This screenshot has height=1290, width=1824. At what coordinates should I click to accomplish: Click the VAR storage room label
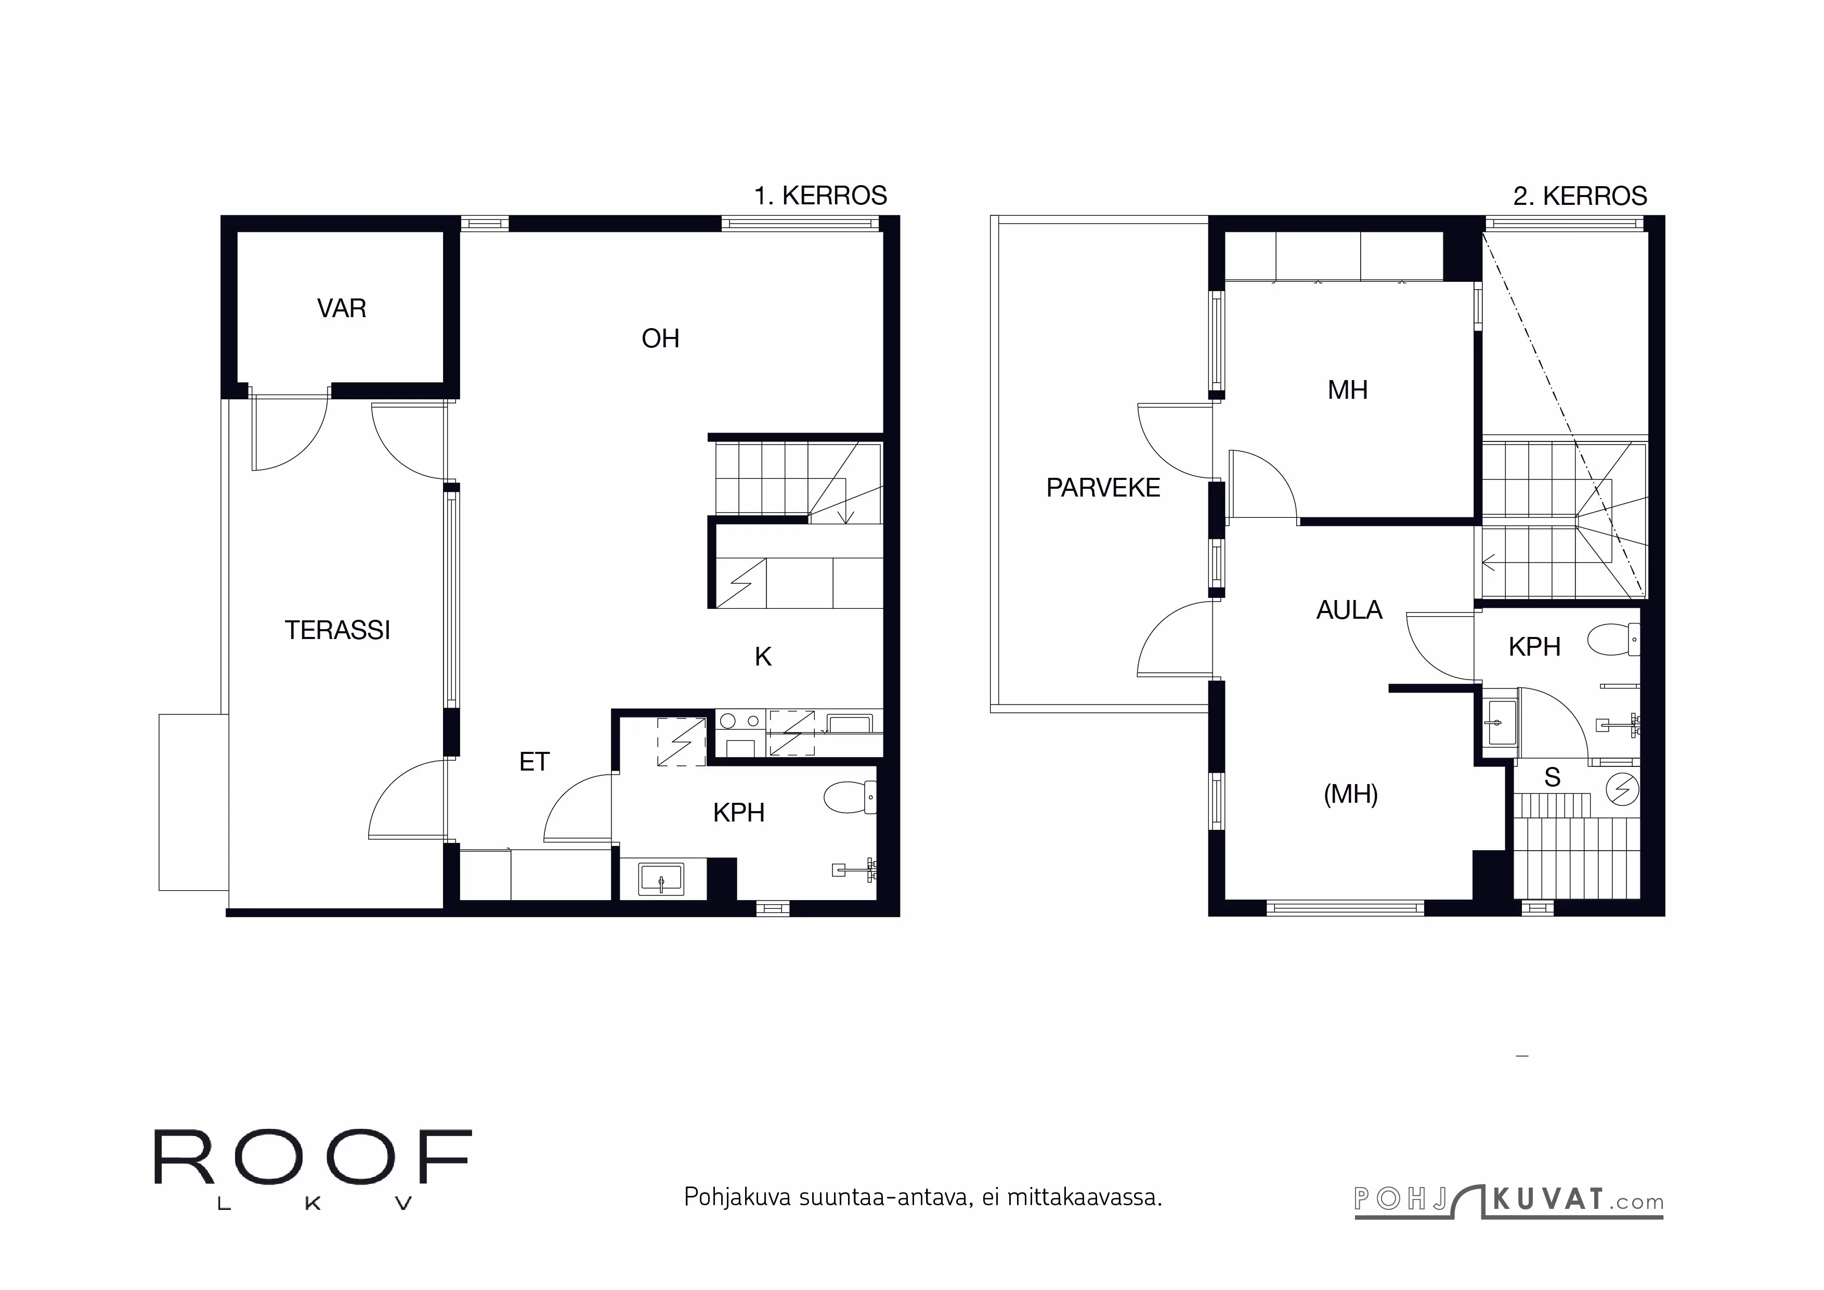[x=342, y=308]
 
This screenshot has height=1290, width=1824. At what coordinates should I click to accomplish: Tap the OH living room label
[x=660, y=338]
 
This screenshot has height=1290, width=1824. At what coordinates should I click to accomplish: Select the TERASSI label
[x=337, y=630]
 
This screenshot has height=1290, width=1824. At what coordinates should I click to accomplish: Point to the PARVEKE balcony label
[x=1103, y=487]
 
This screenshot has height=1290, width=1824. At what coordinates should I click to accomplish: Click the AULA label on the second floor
[x=1349, y=609]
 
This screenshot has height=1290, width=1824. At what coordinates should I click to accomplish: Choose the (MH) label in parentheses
[x=1350, y=793]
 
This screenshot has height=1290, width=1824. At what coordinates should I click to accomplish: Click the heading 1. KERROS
[x=820, y=196]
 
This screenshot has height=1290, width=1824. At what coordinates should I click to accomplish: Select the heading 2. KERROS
[x=1579, y=196]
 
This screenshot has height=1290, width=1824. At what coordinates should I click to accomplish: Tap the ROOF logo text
[x=312, y=1157]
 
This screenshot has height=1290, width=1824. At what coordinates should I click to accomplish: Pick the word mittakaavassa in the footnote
[x=1084, y=1197]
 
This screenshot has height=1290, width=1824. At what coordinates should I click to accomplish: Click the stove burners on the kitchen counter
[x=739, y=721]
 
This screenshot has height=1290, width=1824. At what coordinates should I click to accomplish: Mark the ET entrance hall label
[x=534, y=762]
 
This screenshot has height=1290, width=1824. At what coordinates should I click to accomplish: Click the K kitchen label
[x=763, y=656]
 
